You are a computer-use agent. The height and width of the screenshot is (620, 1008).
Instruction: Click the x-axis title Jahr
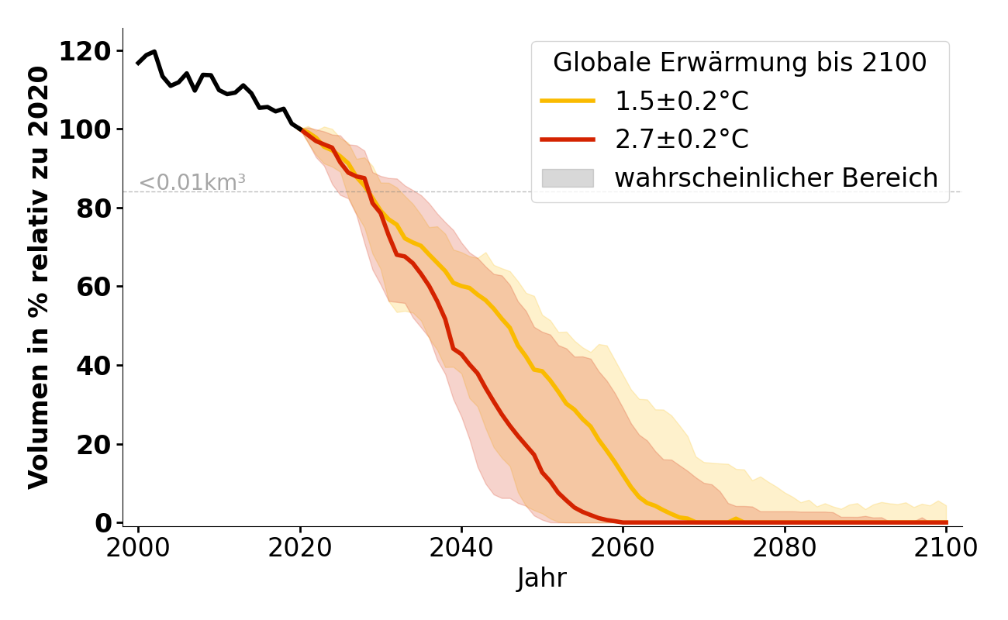pos(542,578)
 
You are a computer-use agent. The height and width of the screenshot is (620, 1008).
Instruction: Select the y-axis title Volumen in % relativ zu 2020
pos(39,277)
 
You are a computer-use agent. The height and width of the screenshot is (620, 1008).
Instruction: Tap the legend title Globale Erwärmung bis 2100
pos(740,63)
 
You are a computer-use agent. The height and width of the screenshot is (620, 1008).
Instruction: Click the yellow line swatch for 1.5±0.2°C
pos(568,101)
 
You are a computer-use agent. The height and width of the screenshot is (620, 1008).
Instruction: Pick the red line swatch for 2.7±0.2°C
pos(568,139)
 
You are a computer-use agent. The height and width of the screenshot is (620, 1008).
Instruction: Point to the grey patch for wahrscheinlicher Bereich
pos(568,178)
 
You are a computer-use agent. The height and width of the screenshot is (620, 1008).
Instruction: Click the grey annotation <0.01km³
pos(192,183)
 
